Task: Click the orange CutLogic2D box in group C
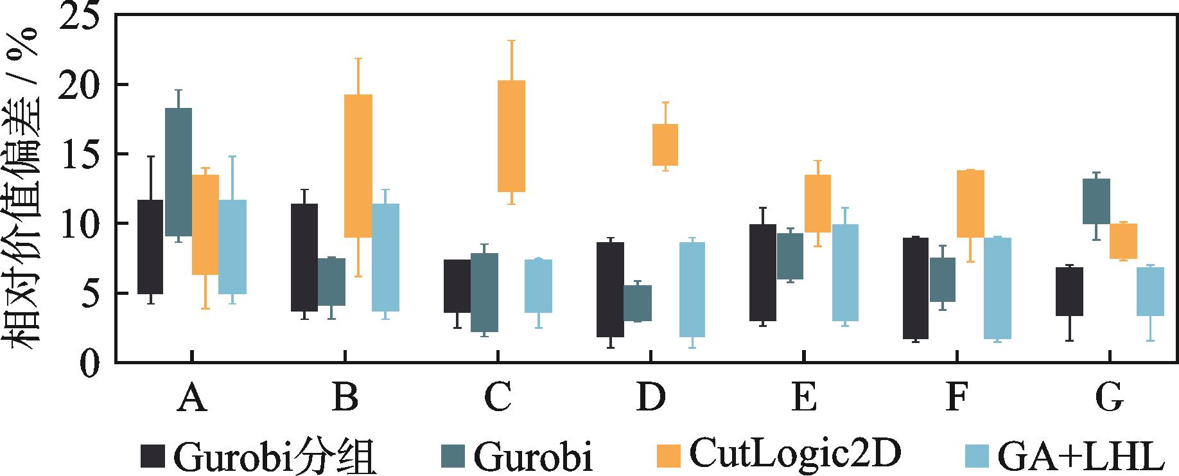point(512,136)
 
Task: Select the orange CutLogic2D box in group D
point(665,145)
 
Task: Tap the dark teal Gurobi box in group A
point(178,172)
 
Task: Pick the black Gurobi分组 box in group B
point(304,257)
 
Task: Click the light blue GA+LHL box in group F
point(997,288)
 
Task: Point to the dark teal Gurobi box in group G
point(1096,201)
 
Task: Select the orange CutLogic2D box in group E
point(817,203)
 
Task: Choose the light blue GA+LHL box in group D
point(692,289)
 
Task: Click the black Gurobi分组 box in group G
point(1070,291)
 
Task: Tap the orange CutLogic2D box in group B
point(358,166)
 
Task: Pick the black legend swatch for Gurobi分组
point(153,457)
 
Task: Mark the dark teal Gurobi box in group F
point(942,279)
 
